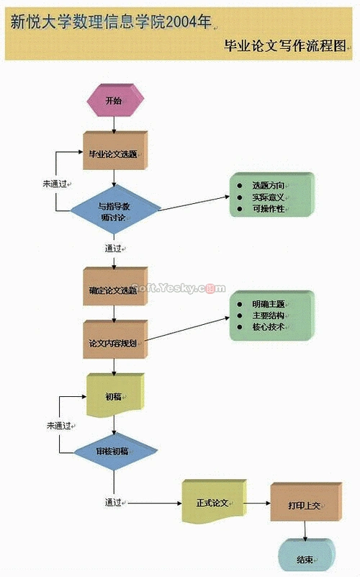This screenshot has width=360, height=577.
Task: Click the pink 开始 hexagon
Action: tap(114, 101)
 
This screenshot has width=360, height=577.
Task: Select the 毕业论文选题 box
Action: tap(113, 153)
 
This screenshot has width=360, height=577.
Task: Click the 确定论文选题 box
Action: tap(113, 290)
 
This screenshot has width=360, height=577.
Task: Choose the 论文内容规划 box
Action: tap(113, 343)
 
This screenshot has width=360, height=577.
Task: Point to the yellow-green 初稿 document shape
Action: tap(114, 397)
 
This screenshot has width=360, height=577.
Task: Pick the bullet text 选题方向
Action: tap(268, 186)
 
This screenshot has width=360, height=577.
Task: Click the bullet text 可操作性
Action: tap(268, 209)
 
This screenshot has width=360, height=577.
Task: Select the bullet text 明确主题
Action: tap(268, 304)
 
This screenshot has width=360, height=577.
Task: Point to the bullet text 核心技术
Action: tap(268, 327)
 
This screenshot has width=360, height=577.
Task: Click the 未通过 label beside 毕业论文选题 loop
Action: tap(54, 184)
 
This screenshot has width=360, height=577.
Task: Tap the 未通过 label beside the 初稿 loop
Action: tap(58, 426)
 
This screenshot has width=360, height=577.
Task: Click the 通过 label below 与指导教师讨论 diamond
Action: tap(113, 249)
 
